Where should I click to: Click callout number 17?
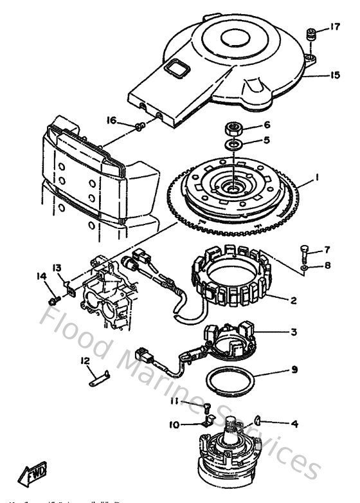(334, 27)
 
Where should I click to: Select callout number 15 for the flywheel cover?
(334, 75)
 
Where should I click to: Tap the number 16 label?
(111, 120)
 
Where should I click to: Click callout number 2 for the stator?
(292, 300)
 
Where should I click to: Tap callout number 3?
(293, 332)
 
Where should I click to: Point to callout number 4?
(294, 423)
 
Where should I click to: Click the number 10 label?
(174, 425)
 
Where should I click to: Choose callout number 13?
(57, 268)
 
